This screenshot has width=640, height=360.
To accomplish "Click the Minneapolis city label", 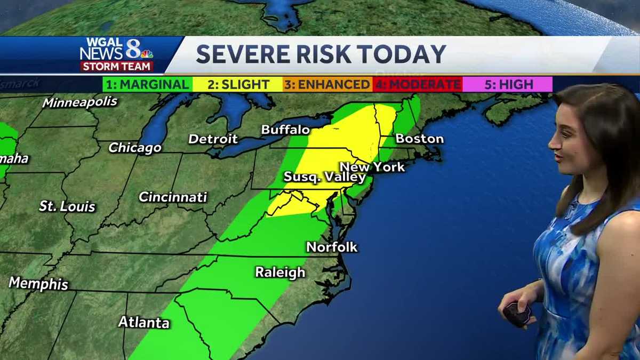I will [x=80, y=102].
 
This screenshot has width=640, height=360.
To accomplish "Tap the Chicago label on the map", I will [x=135, y=148].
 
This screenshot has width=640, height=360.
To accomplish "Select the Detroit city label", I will [x=213, y=139].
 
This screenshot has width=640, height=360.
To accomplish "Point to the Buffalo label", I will [x=285, y=130].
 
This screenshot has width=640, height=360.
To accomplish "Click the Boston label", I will [x=419, y=139].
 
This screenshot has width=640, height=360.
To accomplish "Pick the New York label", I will [x=372, y=167].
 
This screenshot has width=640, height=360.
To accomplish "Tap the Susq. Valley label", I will [x=325, y=177].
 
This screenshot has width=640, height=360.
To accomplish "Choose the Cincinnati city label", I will [x=173, y=197].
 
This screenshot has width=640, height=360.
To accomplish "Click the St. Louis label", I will [x=67, y=206].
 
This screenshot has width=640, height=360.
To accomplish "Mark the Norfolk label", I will [x=332, y=247].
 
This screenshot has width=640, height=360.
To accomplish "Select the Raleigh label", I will [x=280, y=272].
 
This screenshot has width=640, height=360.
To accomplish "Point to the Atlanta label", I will [x=143, y=322].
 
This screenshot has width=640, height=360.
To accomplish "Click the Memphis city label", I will [x=38, y=283].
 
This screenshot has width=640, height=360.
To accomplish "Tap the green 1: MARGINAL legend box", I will [x=147, y=84].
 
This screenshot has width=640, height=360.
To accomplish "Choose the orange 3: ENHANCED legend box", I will [x=327, y=84].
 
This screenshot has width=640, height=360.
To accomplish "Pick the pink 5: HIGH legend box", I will [x=507, y=84].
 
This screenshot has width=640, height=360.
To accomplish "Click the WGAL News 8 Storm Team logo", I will [x=117, y=54].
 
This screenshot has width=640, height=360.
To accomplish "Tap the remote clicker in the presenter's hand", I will [x=516, y=314].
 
